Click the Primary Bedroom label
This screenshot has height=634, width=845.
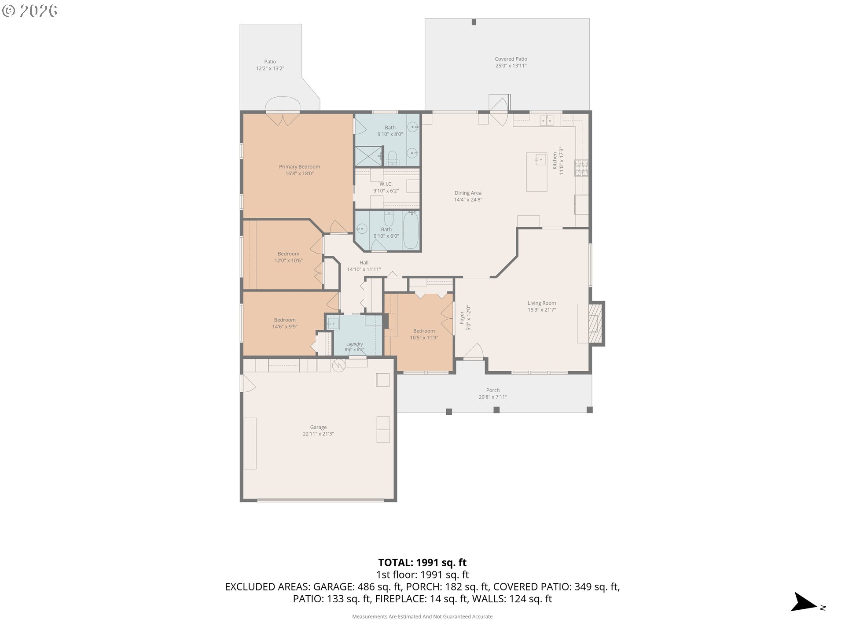click(x=299, y=170)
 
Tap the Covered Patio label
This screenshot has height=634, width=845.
click(x=511, y=62)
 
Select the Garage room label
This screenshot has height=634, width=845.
click(x=318, y=430)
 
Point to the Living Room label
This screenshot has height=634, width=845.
click(x=542, y=306)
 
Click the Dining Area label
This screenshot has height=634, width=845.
click(x=468, y=196)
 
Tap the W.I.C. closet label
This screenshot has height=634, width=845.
click(x=386, y=187)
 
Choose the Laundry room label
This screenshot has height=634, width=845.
click(x=354, y=347)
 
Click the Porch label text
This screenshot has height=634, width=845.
click(x=493, y=393)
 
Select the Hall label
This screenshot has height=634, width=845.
click(x=364, y=266)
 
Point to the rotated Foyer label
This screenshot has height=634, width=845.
click(x=465, y=318)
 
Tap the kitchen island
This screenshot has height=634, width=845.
click(x=536, y=172)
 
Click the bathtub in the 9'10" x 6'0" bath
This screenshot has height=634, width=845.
click(x=411, y=230)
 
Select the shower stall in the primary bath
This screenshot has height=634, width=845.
click(x=368, y=156)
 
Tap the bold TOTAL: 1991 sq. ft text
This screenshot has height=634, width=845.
click(x=422, y=562)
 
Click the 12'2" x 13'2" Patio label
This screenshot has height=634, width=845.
click(x=270, y=65)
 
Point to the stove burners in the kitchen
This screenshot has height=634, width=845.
click(x=581, y=168)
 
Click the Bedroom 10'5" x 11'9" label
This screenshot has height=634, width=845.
click(x=424, y=334)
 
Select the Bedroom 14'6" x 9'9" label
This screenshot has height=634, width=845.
click(x=285, y=323)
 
